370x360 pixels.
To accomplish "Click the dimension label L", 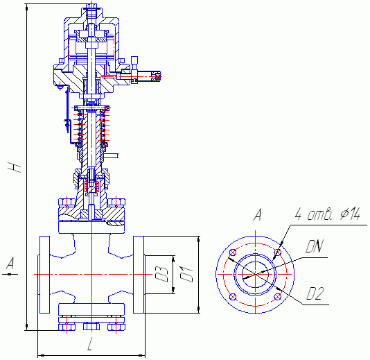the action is tap(90, 344).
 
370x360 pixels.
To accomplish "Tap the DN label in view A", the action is tap(314, 246).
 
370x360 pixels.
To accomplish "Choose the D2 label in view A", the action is tap(315, 293).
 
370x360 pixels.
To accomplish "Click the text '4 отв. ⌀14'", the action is tap(328, 214).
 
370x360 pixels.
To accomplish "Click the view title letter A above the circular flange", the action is tap(258, 214).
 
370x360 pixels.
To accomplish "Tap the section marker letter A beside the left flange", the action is tap(10, 264).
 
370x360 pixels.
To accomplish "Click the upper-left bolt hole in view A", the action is tap(233, 252).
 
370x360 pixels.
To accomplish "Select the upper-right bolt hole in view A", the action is tap(279, 252).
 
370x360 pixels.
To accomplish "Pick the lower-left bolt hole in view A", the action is tap(233, 297).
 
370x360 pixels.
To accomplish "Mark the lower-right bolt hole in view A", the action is tap(278, 297).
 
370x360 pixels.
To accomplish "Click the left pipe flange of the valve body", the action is tap(44, 275).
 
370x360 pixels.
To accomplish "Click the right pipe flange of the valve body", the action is tap(139, 275).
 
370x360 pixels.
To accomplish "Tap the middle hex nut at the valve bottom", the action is tap(91, 327).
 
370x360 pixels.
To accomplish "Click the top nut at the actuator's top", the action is tap(91, 6).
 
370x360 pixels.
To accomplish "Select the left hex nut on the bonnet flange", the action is tap(67, 203).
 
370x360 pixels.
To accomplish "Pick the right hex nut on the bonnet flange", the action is tap(116, 203).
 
